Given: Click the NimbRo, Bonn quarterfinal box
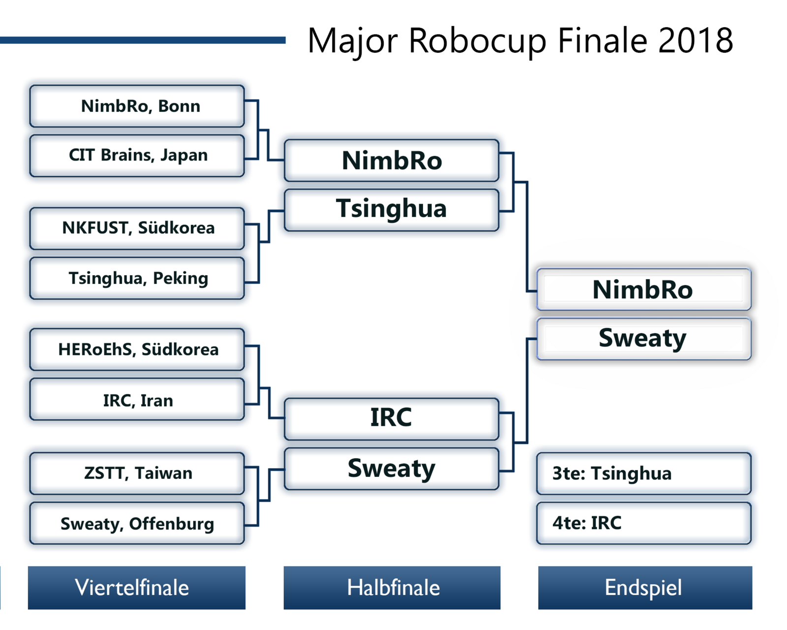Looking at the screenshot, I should point(137,106).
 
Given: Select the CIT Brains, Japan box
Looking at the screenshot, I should point(137,156).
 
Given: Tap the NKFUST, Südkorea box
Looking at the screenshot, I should point(137,228).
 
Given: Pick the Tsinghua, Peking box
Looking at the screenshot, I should point(137,278).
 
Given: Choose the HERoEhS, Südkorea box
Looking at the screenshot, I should point(137,349).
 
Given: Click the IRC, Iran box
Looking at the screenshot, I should point(137,400).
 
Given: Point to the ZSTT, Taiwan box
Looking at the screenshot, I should point(137,473).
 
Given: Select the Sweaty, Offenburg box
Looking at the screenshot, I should point(137,523).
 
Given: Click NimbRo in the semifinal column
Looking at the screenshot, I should point(392,160).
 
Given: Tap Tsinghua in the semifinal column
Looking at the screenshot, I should point(392,210).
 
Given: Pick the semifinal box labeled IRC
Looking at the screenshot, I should point(392,418).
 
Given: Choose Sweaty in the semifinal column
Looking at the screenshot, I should point(392,469).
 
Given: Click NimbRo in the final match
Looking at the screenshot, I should point(643,289).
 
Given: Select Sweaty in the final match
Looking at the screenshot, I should point(643,339).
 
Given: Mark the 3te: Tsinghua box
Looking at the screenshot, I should point(643,473).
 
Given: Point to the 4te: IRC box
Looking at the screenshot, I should point(643,523).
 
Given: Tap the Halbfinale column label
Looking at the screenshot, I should point(392,588).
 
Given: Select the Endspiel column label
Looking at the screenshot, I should point(645,588).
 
